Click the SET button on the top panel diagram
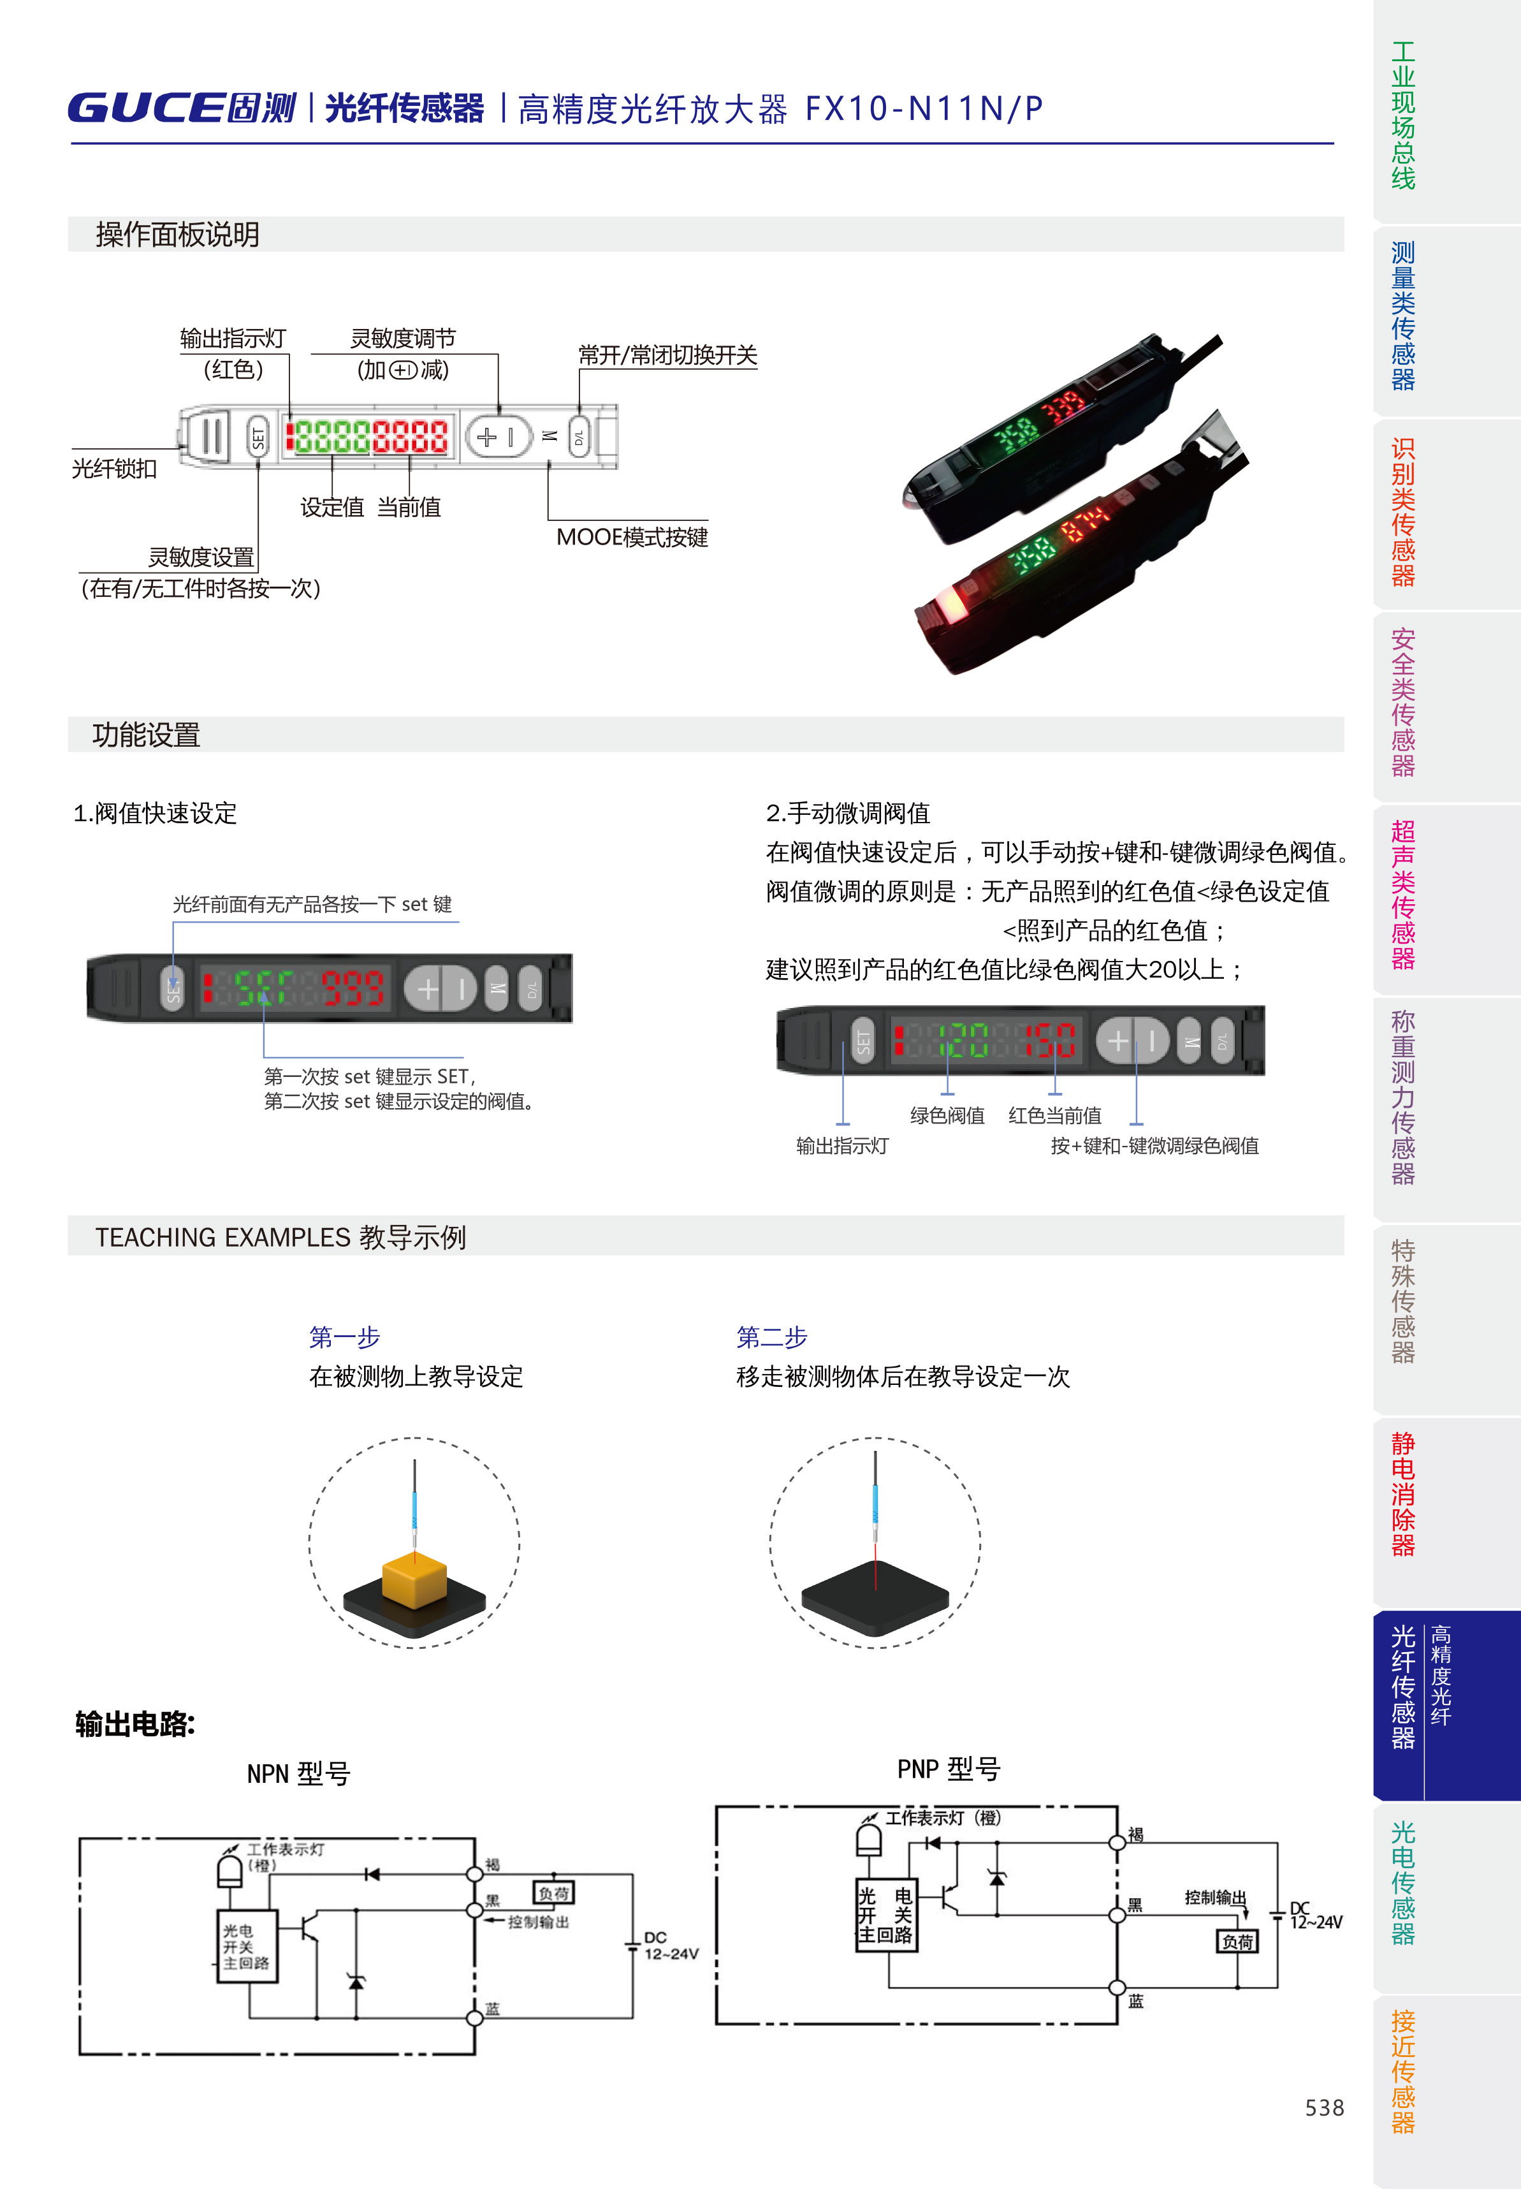(x=258, y=437)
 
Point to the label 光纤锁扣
(x=114, y=468)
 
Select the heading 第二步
(x=772, y=1337)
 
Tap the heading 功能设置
(x=146, y=735)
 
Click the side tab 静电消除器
(x=1403, y=1493)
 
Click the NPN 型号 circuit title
(x=298, y=1773)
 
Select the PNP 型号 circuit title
(x=949, y=1769)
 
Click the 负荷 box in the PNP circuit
(x=1237, y=1941)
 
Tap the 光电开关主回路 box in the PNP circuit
(x=886, y=1915)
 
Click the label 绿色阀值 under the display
(x=947, y=1115)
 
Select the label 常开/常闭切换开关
(x=667, y=355)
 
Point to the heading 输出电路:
(x=135, y=1724)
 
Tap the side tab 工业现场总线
(x=1403, y=114)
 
